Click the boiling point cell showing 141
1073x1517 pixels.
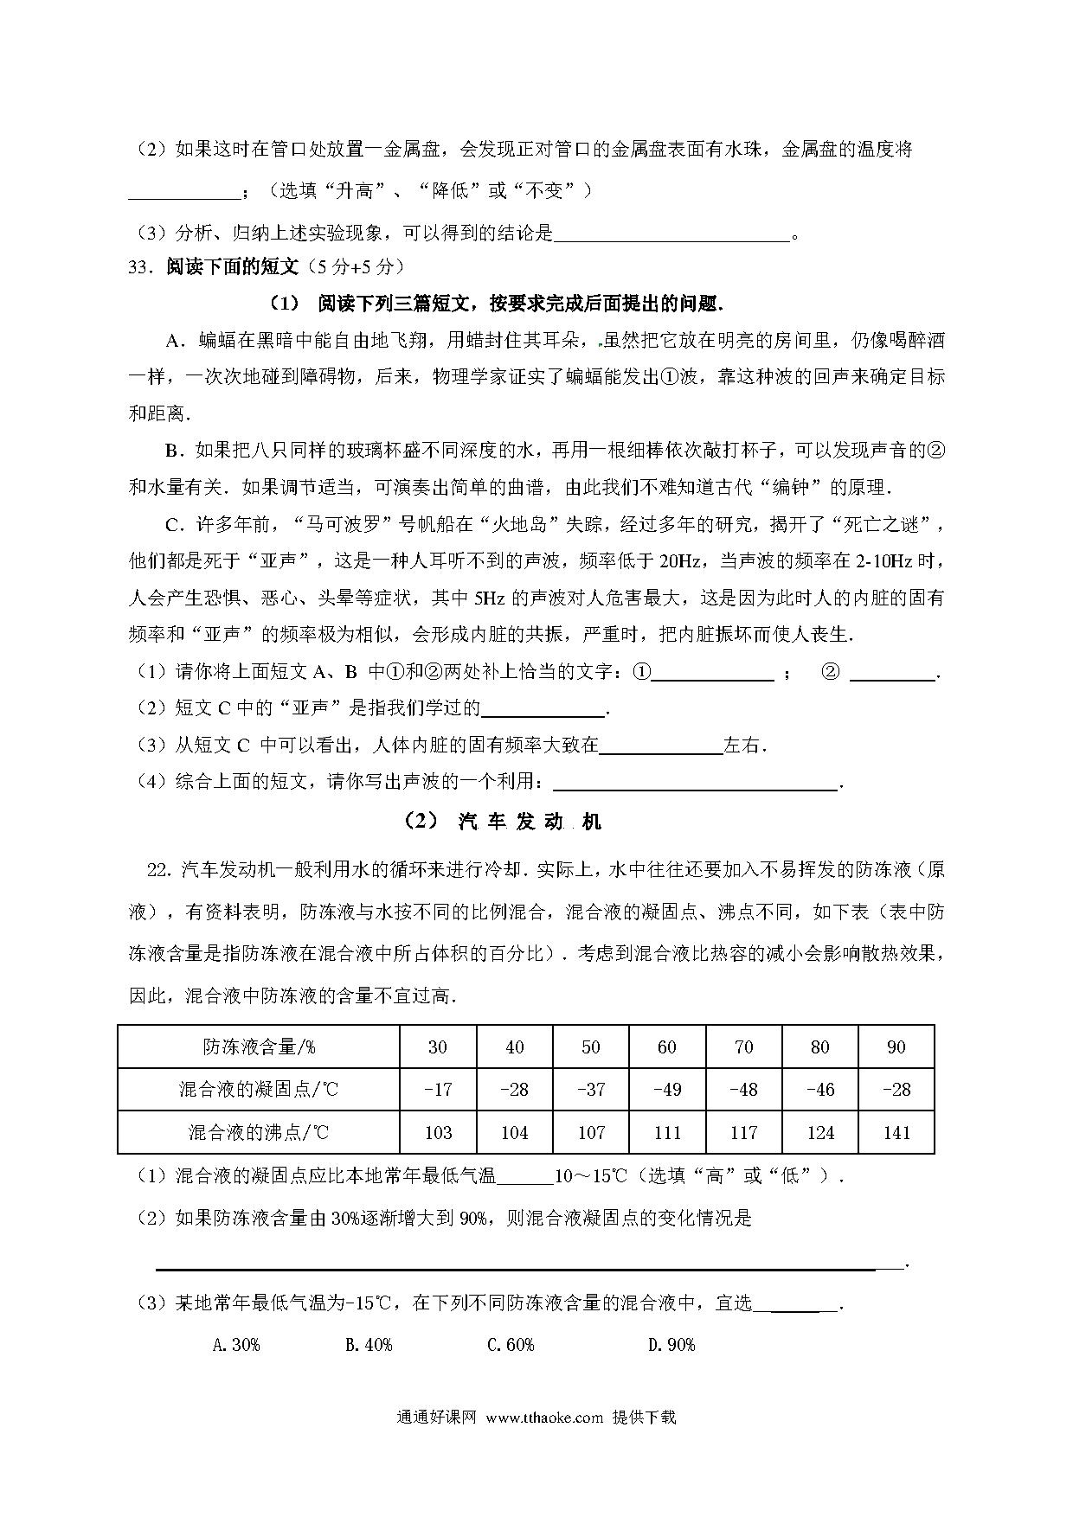[x=896, y=1133]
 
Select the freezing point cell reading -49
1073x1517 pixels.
[x=666, y=1090]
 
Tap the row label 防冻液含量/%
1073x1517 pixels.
[x=259, y=1047]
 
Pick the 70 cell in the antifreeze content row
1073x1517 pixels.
[x=743, y=1047]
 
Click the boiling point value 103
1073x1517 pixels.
[x=438, y=1133]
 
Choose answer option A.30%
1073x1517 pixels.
[x=236, y=1345]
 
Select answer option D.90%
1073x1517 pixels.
[x=671, y=1345]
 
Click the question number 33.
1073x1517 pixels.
[x=139, y=267]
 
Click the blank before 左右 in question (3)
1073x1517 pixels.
[x=660, y=746]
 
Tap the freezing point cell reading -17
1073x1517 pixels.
[x=438, y=1090]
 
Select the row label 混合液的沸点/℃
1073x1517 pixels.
[x=259, y=1133]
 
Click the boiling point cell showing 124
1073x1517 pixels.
[x=819, y=1133]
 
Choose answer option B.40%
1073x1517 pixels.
[x=369, y=1345]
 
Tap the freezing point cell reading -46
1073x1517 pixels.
[x=819, y=1090]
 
